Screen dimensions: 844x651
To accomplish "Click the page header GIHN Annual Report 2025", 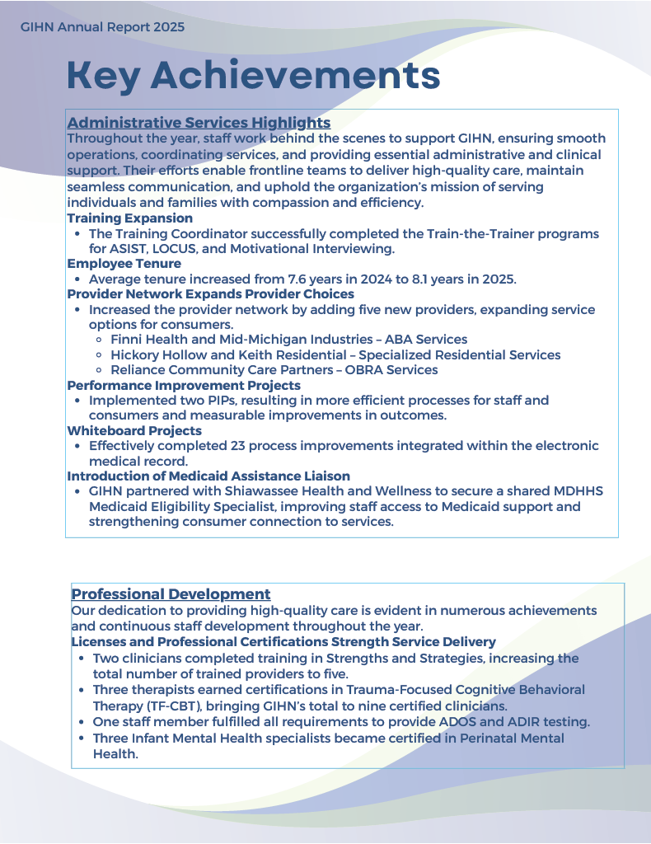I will [103, 27].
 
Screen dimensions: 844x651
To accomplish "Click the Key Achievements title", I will [253, 76].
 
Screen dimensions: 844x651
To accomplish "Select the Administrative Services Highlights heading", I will [199, 123].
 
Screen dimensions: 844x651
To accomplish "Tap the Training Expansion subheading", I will [129, 218].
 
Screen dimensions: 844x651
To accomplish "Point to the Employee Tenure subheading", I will [124, 264].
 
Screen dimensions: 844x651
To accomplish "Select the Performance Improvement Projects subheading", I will [184, 385].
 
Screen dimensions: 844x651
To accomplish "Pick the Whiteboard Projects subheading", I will [134, 430].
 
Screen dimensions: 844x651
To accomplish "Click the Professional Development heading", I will [171, 594].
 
